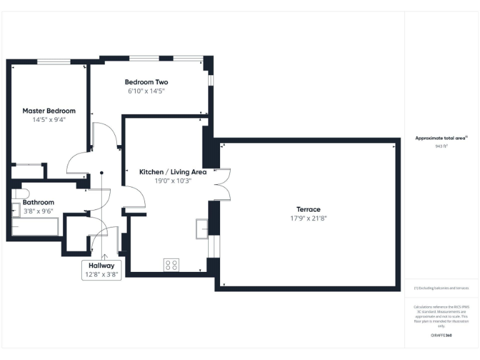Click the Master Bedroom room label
[49, 111]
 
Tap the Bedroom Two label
[146, 82]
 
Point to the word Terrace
[309, 209]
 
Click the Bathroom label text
[39, 202]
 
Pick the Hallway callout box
[101, 269]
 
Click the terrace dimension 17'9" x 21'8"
[309, 218]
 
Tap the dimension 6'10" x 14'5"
[146, 91]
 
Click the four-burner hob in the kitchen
[172, 264]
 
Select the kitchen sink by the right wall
[202, 228]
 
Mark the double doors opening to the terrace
[224, 185]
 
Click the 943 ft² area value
[441, 146]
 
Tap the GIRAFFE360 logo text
[441, 336]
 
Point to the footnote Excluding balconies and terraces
[441, 288]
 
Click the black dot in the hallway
[101, 173]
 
